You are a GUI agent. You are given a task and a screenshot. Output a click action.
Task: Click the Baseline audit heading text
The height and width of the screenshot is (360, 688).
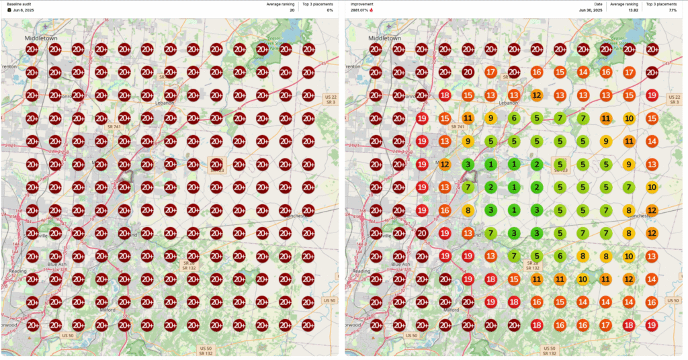pos(19,4)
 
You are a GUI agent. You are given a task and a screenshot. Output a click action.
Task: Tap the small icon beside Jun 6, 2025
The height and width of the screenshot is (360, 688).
pos(9,10)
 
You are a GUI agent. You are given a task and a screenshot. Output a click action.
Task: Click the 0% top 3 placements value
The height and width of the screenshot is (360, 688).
pos(329,10)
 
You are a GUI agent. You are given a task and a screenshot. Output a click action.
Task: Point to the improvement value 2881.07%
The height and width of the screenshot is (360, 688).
pos(361,10)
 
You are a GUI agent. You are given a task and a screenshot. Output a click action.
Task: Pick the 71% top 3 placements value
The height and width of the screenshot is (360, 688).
pos(673,10)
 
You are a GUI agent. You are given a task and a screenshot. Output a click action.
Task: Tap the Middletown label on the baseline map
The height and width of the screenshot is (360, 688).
pos(41,38)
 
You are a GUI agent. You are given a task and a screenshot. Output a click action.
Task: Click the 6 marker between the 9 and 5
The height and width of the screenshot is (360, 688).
pos(514,118)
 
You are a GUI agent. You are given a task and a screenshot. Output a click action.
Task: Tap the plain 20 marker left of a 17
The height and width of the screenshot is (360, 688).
pos(468,73)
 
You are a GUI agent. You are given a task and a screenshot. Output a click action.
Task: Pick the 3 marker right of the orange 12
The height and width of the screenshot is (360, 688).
pos(468,164)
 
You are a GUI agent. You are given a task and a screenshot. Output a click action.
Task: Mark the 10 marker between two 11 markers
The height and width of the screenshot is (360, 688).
pos(583,279)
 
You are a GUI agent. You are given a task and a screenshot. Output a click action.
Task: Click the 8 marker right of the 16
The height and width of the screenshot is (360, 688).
pos(468,210)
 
